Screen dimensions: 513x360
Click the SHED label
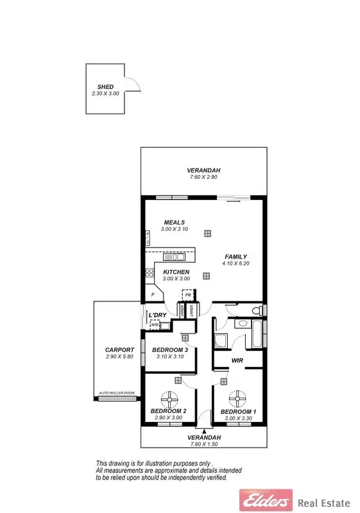coord(105,86)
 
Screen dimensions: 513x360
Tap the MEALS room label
coord(174,223)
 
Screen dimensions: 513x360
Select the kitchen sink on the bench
coord(173,257)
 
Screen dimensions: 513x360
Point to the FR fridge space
coord(188,296)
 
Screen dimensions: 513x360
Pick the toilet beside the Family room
coord(257,311)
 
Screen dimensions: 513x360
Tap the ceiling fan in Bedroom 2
coord(171,400)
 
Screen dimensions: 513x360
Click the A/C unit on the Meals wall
coord(147,239)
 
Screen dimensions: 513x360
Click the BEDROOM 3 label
coord(169,349)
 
